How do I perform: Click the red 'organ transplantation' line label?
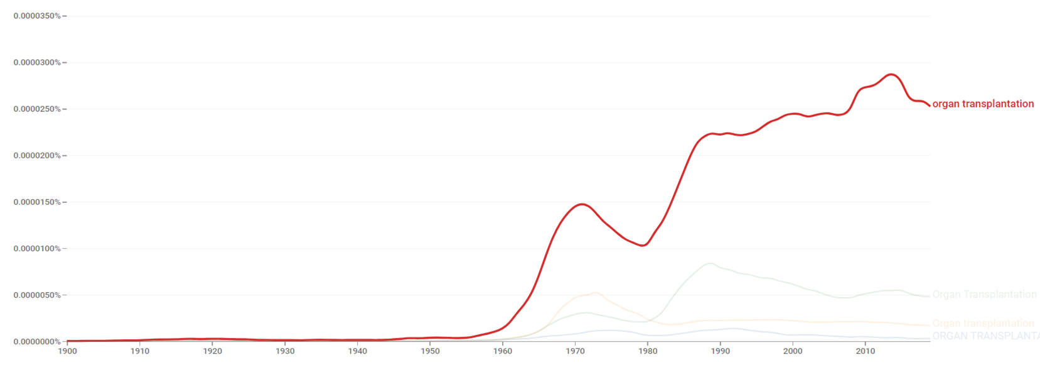(983, 104)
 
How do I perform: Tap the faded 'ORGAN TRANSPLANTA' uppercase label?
(985, 335)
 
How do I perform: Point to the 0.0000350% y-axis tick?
(37, 16)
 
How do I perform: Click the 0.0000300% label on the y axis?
(37, 62)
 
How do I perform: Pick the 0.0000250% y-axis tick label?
(37, 109)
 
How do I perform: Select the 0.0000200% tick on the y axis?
(37, 155)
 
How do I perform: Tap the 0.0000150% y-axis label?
(37, 202)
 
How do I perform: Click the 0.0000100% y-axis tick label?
(37, 248)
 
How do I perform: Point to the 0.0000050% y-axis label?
(37, 295)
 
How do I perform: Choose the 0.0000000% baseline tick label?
(37, 341)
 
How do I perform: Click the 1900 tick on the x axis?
(67, 351)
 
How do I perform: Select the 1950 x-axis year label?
(430, 351)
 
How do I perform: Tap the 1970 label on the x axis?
(575, 351)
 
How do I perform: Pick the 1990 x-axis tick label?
(721, 351)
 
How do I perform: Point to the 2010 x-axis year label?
(866, 351)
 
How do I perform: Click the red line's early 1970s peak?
(582, 204)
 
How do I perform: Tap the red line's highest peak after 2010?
(891, 74)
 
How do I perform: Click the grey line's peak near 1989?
(710, 263)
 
